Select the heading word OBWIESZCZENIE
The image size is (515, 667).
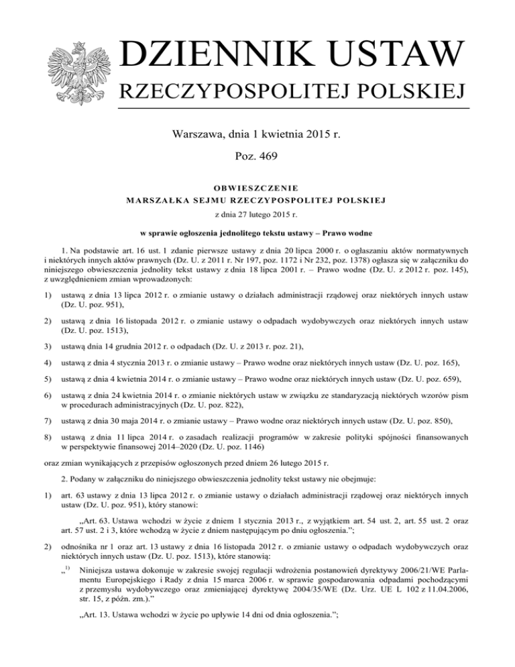[257, 187]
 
